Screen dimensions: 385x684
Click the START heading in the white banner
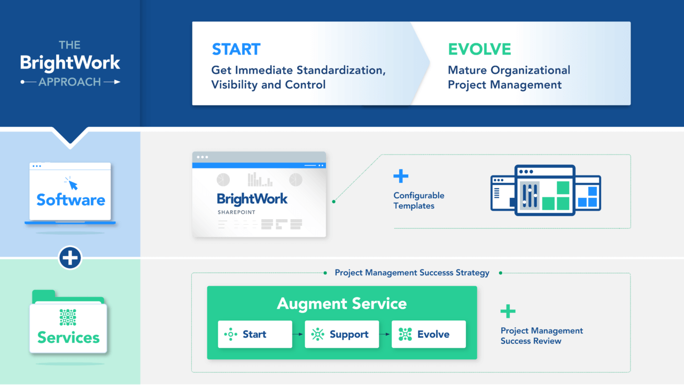(236, 49)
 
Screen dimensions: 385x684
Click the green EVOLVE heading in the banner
(479, 49)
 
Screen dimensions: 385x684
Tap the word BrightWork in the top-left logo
(70, 63)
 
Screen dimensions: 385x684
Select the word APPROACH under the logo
(69, 82)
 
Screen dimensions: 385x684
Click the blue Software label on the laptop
(71, 200)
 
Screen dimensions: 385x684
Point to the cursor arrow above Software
(71, 183)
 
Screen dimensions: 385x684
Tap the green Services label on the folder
(68, 337)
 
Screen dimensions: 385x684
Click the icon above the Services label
(68, 317)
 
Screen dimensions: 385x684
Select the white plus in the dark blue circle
(70, 258)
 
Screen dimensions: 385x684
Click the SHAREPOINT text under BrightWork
(236, 212)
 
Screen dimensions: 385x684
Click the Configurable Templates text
(418, 201)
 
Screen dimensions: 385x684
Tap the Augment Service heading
(341, 304)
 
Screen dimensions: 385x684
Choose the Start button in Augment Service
(255, 334)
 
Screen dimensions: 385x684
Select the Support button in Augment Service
(342, 334)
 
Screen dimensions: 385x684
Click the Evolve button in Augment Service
(429, 334)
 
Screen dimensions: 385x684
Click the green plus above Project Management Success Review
(508, 311)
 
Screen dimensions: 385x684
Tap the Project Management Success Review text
(541, 336)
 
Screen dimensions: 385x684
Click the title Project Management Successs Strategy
(412, 273)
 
